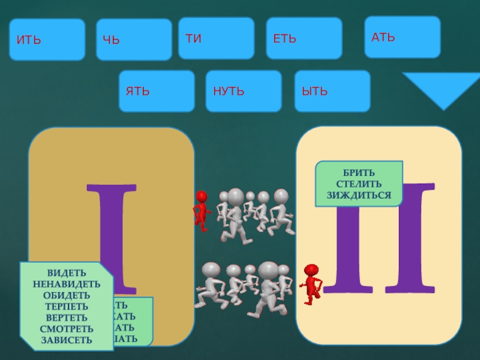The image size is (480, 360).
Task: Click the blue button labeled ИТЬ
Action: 47,40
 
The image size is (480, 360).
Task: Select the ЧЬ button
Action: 134,40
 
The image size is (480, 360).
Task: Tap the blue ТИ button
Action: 216,38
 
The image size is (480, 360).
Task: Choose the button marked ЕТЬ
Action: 304,38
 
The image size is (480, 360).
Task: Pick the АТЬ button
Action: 403,37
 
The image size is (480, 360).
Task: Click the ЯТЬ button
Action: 157,91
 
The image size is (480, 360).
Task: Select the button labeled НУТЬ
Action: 244,91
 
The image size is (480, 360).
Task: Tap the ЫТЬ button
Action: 332,91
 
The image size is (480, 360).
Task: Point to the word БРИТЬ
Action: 359,173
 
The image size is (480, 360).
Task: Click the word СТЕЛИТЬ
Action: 359,184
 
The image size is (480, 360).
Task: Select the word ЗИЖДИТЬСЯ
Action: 359,195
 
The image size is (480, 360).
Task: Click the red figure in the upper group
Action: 202,211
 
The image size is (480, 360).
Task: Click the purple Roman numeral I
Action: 112,234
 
